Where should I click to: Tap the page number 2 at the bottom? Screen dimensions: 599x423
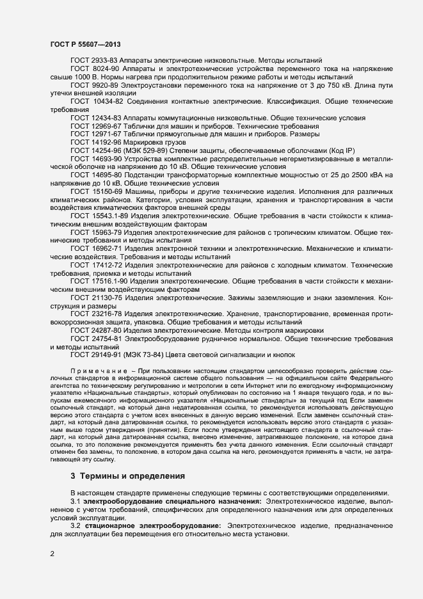click(x=52, y=554)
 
